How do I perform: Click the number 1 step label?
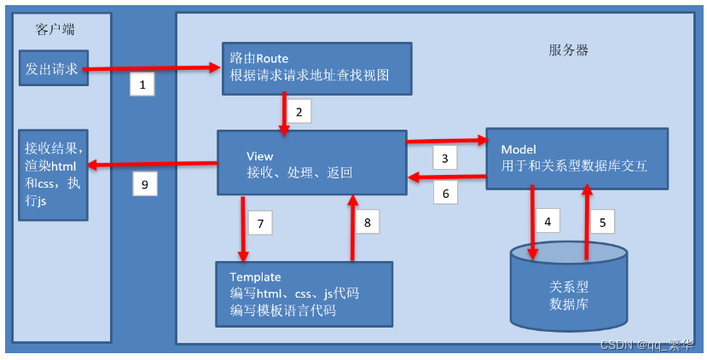(x=142, y=84)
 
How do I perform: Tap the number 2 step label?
(x=298, y=111)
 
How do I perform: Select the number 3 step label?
(x=444, y=157)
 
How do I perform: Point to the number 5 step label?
(x=601, y=223)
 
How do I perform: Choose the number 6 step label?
(x=444, y=193)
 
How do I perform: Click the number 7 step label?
(x=260, y=223)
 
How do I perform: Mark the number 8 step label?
(x=367, y=223)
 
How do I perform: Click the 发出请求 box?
(x=52, y=69)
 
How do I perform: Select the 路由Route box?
(x=316, y=67)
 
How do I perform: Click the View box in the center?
(x=311, y=164)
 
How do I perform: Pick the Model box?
(x=577, y=158)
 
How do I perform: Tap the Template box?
(x=304, y=293)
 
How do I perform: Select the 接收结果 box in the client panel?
(x=52, y=175)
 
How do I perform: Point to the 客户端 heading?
(x=55, y=29)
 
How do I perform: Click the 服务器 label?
(x=568, y=50)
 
